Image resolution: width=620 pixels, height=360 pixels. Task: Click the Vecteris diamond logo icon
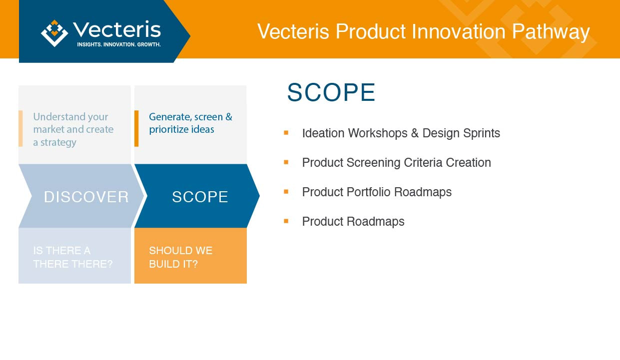54,33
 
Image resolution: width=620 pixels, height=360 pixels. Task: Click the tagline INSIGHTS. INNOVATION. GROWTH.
119,44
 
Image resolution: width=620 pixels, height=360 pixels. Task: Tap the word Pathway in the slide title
551,32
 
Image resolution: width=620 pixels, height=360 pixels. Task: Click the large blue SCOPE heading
331,92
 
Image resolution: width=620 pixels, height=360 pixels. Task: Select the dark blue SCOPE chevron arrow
197,196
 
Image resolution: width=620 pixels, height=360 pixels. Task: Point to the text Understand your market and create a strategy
73,129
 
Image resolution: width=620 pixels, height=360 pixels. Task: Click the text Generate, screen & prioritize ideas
190,123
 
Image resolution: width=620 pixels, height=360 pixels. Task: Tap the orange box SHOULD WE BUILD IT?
190,256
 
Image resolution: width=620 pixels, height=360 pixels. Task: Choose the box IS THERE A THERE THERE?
75,256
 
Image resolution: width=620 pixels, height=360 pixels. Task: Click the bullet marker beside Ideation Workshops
286,133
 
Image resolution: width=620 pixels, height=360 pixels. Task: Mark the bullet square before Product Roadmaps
286,221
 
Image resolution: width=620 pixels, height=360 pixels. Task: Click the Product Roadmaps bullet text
353,221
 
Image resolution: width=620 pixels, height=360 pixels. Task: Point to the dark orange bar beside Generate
136,128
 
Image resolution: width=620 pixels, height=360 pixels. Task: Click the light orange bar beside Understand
20,128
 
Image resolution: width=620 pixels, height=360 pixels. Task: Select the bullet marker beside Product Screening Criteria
286,162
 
